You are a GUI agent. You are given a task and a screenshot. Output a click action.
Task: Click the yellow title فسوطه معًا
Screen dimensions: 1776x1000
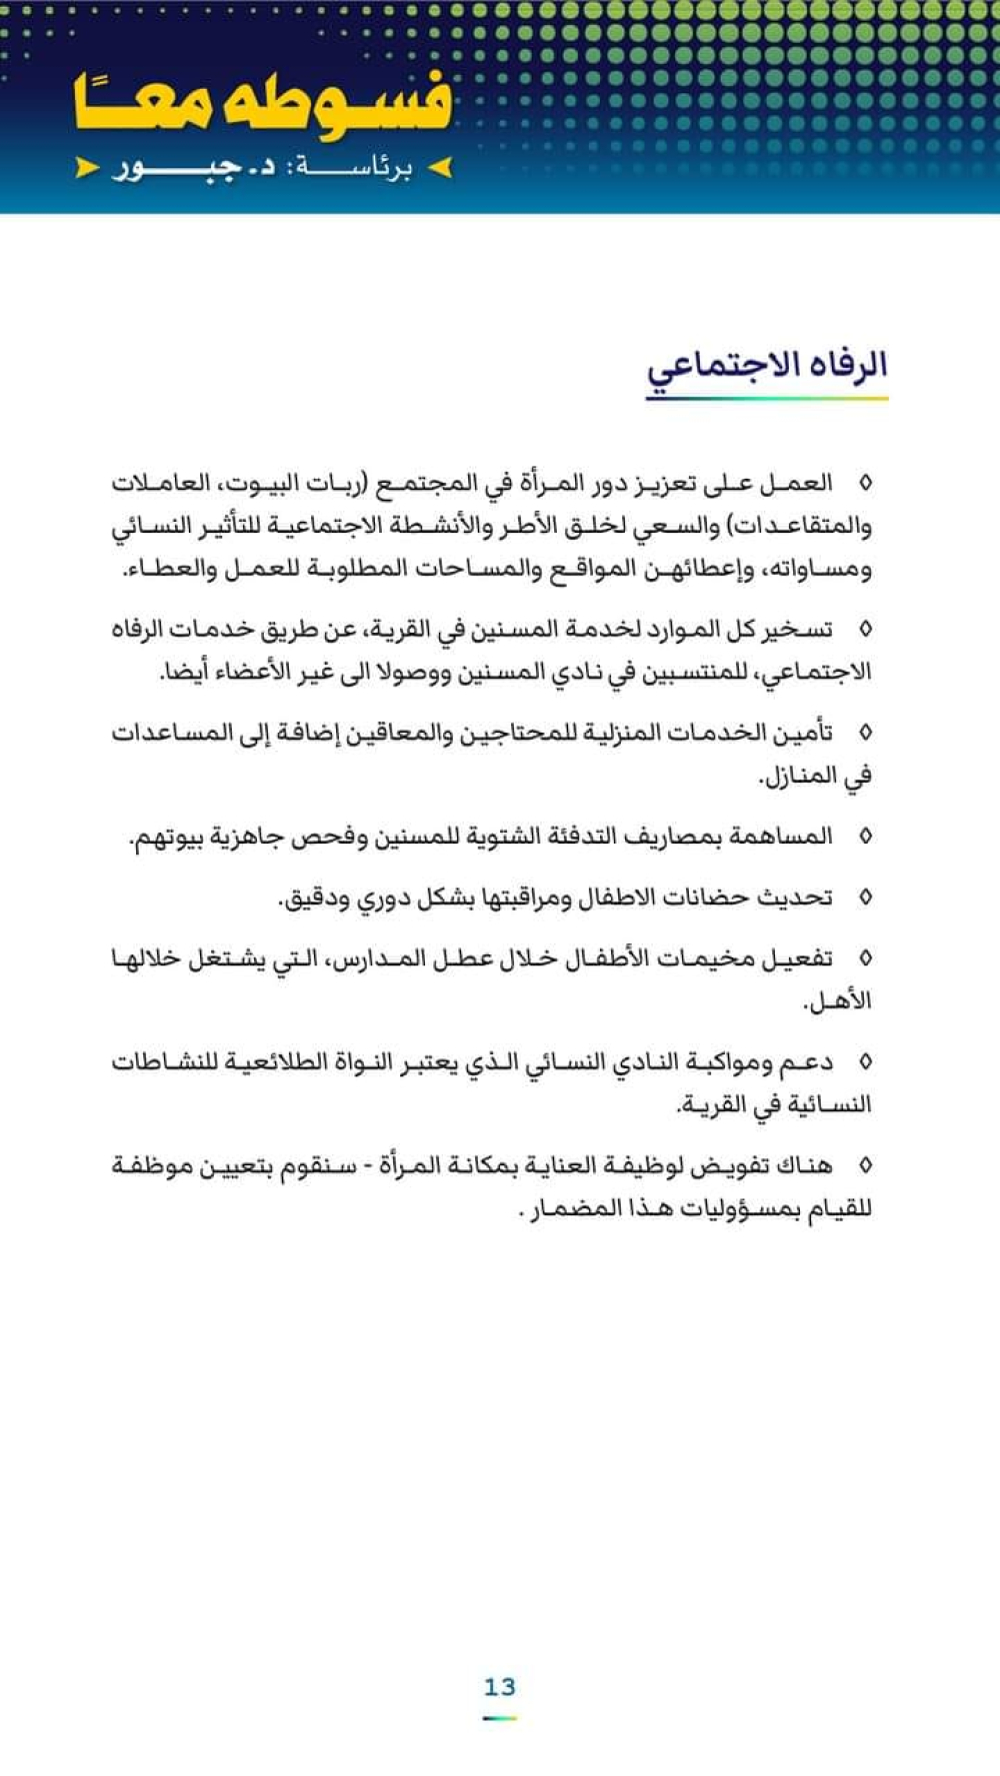262,103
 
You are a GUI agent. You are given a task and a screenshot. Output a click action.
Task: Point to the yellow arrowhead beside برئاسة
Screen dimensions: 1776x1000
440,168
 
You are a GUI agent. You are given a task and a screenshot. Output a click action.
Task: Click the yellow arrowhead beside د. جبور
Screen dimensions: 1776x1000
87,168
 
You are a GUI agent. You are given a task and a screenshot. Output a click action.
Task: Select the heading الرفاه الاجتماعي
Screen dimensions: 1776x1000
767,366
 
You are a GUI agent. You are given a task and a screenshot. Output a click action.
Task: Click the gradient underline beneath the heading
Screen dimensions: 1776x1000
767,398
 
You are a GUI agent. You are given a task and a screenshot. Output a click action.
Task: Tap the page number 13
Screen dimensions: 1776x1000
499,1687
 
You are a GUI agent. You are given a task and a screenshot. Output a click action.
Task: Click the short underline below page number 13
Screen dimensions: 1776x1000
499,1718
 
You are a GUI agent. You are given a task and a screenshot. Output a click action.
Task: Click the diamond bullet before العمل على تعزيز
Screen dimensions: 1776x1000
865,484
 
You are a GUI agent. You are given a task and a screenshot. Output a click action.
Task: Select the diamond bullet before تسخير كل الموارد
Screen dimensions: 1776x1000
865,630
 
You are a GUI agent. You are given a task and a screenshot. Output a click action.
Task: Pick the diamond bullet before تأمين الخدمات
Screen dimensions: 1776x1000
865,734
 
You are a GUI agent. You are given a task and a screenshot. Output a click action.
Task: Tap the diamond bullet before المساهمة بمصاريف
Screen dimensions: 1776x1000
865,837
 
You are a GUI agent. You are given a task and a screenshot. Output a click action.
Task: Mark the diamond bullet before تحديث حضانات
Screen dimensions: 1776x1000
865,897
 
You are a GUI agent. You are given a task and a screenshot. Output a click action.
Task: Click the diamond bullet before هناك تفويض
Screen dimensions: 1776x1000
865,1165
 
